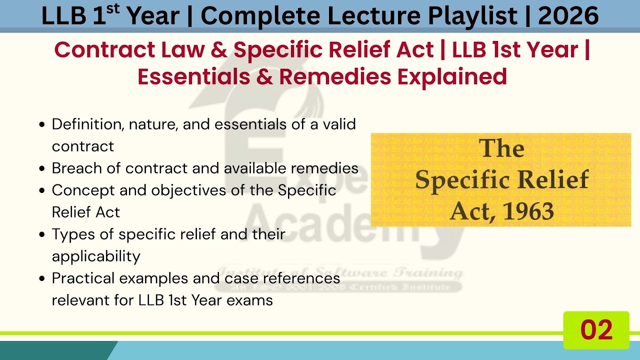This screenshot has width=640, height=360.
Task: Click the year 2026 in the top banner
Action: coord(568,16)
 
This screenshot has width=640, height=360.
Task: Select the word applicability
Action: coord(96,256)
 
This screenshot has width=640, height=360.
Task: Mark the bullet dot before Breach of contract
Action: coord(42,168)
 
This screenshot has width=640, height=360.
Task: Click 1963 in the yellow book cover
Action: coord(528,212)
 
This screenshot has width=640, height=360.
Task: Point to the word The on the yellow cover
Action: coord(501,149)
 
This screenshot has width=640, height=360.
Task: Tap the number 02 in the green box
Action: coord(596,330)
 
